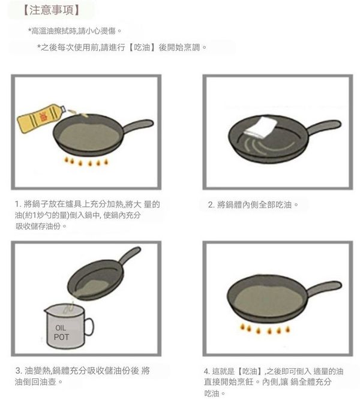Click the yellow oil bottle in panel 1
coord(41,118)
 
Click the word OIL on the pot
coord(61,328)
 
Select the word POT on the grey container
coord(61,337)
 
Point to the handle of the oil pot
coord(88,326)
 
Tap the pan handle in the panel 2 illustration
coord(324,127)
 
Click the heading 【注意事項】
coord(52,10)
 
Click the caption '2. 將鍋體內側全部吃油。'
coord(253,204)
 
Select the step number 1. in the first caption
coord(18,204)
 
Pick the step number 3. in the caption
coord(19,371)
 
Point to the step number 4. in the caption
coord(207,371)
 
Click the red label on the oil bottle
coord(42,118)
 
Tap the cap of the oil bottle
coord(63,109)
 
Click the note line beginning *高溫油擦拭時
coord(74,31)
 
